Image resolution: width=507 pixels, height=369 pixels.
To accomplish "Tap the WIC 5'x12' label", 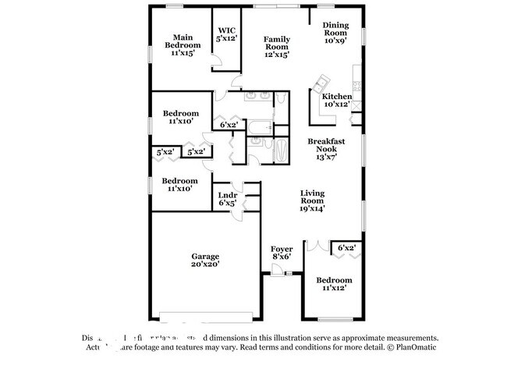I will [x=227, y=33].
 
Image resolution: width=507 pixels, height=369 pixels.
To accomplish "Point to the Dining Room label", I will [x=335, y=29].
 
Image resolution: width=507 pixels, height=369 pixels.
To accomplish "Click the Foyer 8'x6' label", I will [x=281, y=252].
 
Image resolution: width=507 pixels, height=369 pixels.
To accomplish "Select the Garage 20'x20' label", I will [x=206, y=260].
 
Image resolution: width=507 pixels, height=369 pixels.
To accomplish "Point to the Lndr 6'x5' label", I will [x=227, y=198].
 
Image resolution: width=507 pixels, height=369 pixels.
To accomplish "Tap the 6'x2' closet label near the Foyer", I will [x=346, y=248].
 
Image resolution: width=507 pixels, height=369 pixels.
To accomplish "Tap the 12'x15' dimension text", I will [x=277, y=55].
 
